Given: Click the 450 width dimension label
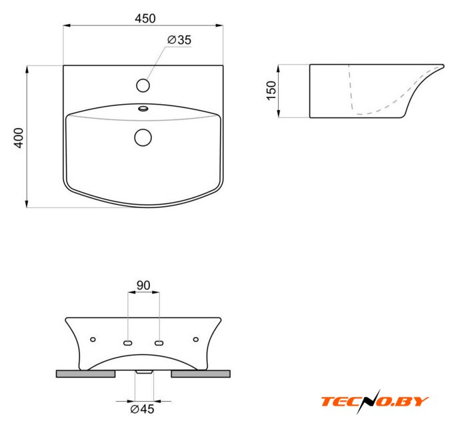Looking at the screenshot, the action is click(145, 19).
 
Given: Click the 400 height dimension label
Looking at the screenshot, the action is click(19, 137).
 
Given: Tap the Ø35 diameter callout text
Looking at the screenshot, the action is click(179, 40).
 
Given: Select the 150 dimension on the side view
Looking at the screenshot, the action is click(271, 91).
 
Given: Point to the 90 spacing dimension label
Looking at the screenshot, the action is click(143, 286).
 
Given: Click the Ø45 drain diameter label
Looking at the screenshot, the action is click(142, 409).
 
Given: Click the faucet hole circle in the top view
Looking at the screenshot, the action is click(143, 85).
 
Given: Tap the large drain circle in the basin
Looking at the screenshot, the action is click(143, 137).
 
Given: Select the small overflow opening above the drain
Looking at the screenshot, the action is click(143, 109).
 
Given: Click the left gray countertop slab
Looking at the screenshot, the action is click(85, 374).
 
